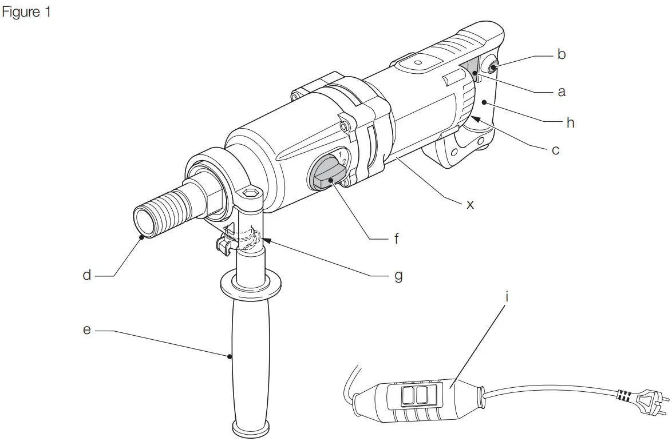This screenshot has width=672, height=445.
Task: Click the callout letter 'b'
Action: (x=561, y=55)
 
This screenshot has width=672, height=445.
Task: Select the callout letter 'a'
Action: (x=561, y=92)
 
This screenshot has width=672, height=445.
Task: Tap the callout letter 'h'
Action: (x=570, y=122)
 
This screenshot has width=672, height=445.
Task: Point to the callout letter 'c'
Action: (x=555, y=152)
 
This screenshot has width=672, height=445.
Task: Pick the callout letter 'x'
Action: (x=470, y=204)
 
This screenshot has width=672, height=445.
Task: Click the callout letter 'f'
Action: (x=396, y=239)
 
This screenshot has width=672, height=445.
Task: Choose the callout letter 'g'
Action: (x=398, y=276)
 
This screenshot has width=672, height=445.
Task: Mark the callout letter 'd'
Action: (x=86, y=276)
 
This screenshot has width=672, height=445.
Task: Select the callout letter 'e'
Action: (x=87, y=330)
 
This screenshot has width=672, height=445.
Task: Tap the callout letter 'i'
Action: (x=507, y=297)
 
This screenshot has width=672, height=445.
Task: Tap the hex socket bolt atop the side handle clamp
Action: (x=251, y=194)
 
